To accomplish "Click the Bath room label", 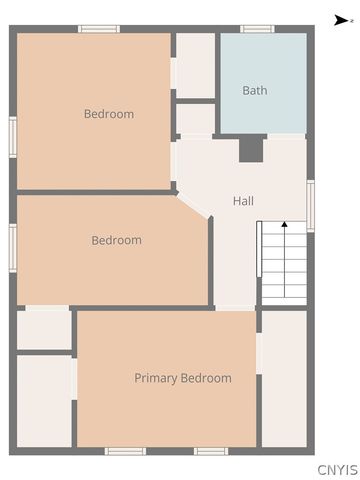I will click(x=255, y=91).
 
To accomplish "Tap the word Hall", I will click(x=243, y=201).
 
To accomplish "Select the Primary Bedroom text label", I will click(x=183, y=378).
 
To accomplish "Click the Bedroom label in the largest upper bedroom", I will click(x=108, y=114).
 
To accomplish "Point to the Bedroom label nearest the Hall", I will click(x=116, y=240).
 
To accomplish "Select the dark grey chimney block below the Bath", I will click(x=251, y=148).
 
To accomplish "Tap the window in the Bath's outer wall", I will click(x=257, y=29).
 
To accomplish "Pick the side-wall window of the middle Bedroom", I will click(x=13, y=246).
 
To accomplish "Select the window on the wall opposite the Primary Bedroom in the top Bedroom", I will click(x=99, y=29).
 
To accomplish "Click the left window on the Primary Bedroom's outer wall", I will click(x=125, y=451).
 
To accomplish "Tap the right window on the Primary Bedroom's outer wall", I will click(x=210, y=451).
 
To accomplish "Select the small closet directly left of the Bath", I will click(x=195, y=65).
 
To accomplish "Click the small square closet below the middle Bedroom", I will click(x=44, y=329).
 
